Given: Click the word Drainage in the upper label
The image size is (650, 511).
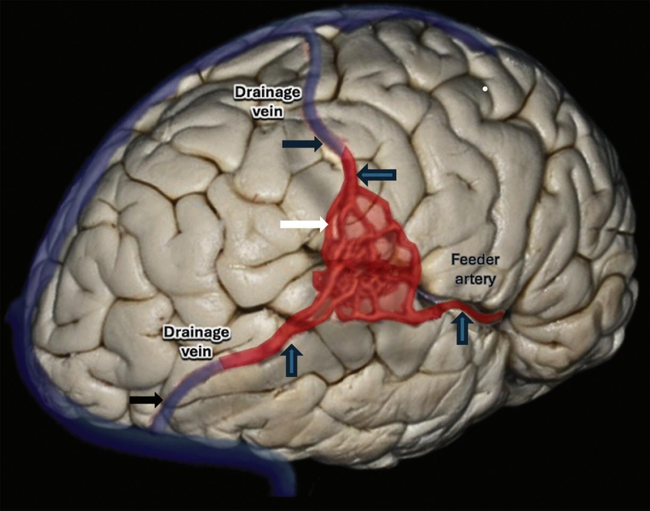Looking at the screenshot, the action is (x=267, y=92).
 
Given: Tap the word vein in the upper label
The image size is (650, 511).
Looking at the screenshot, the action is (x=267, y=112).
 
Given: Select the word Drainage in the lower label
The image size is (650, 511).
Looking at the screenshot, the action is (x=197, y=332).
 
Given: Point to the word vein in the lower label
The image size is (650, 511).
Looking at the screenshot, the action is (x=197, y=352).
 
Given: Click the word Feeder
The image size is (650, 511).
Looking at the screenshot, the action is (x=475, y=260).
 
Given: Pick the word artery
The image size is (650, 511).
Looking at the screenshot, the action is (x=475, y=279).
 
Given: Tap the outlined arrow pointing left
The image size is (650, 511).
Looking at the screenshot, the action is (x=377, y=175).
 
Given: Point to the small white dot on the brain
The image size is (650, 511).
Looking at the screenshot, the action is (x=485, y=89).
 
